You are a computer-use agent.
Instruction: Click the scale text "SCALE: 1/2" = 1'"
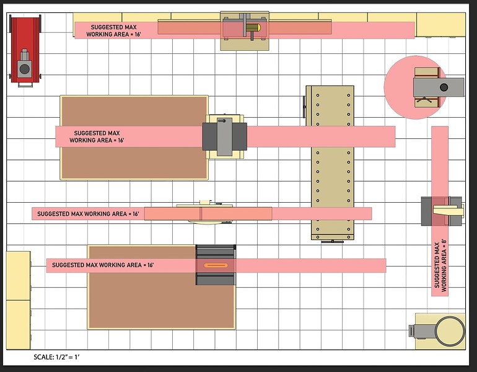pos(56,357)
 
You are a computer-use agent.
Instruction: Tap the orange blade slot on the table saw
pos(216,265)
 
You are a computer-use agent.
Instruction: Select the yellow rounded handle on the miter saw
pos(253,28)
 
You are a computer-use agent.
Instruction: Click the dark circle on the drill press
pos(444,87)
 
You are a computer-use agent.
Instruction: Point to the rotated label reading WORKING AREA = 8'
pos(444,265)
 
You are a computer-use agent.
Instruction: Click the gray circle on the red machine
pos(25,69)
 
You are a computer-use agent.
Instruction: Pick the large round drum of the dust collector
pos(450,331)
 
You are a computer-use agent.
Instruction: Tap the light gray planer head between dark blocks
pos(224,137)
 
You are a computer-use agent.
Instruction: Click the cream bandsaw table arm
pos(448,210)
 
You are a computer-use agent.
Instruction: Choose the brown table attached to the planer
pos(134,138)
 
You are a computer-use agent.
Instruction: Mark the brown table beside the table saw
pos(161,287)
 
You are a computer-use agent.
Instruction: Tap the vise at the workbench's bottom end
pos(333,241)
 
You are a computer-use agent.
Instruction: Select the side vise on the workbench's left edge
pos(304,107)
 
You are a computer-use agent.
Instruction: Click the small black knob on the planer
pos(222,121)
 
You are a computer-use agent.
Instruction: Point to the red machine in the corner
pos(25,51)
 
